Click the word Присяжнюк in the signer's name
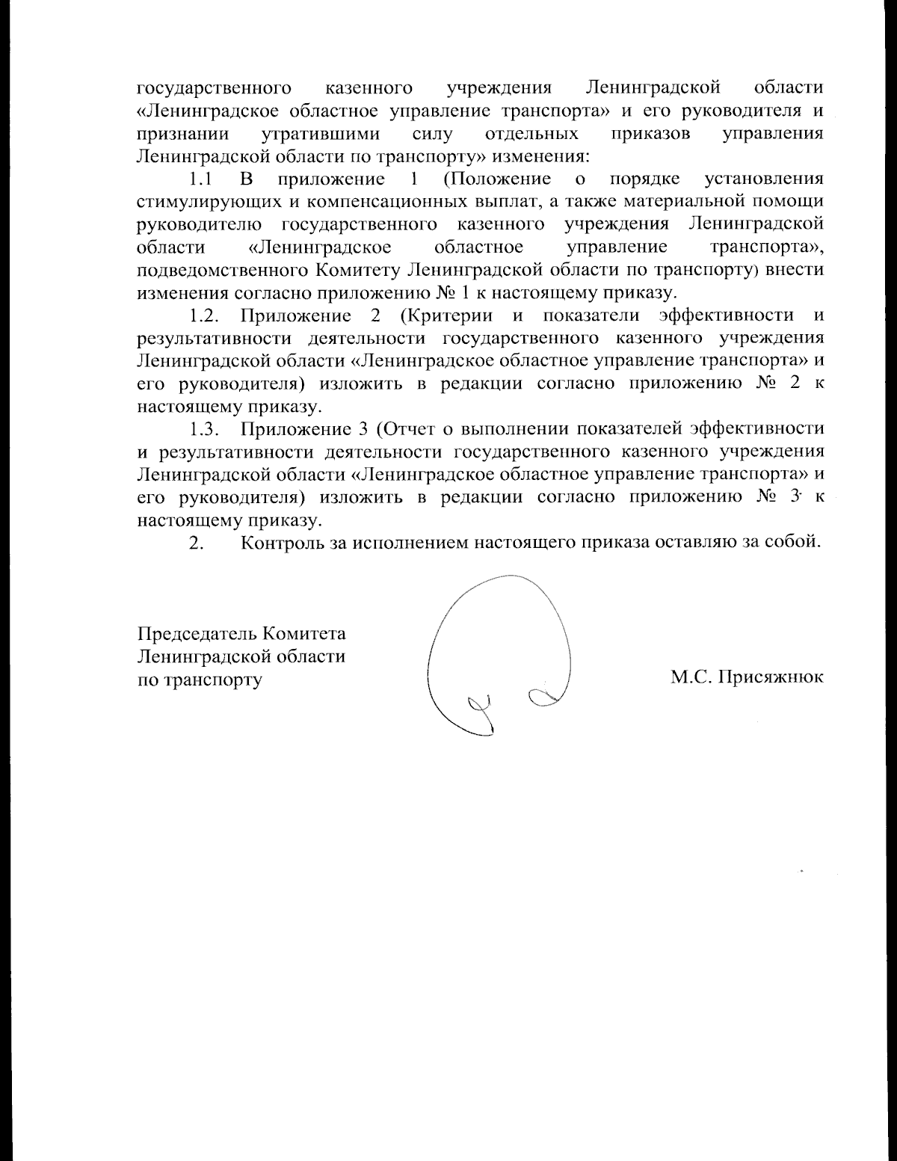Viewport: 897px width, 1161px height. click(x=771, y=678)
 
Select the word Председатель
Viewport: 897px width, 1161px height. click(x=197, y=634)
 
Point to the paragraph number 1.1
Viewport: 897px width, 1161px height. click(x=201, y=179)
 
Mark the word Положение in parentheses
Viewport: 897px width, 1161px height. click(x=497, y=179)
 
